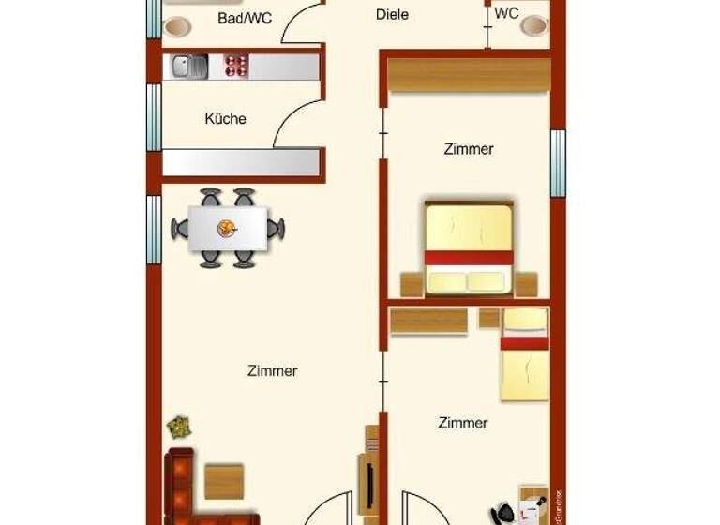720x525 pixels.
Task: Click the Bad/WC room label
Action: tap(245, 18)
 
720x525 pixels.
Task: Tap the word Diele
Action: tap(392, 14)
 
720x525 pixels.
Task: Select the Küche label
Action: tap(226, 119)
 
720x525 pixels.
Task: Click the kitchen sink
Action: tap(190, 66)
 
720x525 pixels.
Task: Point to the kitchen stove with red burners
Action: tap(235, 66)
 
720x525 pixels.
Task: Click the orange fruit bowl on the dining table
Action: tap(227, 227)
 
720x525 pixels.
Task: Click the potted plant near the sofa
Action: tap(179, 427)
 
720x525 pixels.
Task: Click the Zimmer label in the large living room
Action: tap(273, 371)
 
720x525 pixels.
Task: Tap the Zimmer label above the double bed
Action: tap(468, 149)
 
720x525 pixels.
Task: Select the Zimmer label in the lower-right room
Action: tap(463, 423)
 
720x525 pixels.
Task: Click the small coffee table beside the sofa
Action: tap(225, 481)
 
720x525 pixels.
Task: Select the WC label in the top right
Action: tap(506, 14)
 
